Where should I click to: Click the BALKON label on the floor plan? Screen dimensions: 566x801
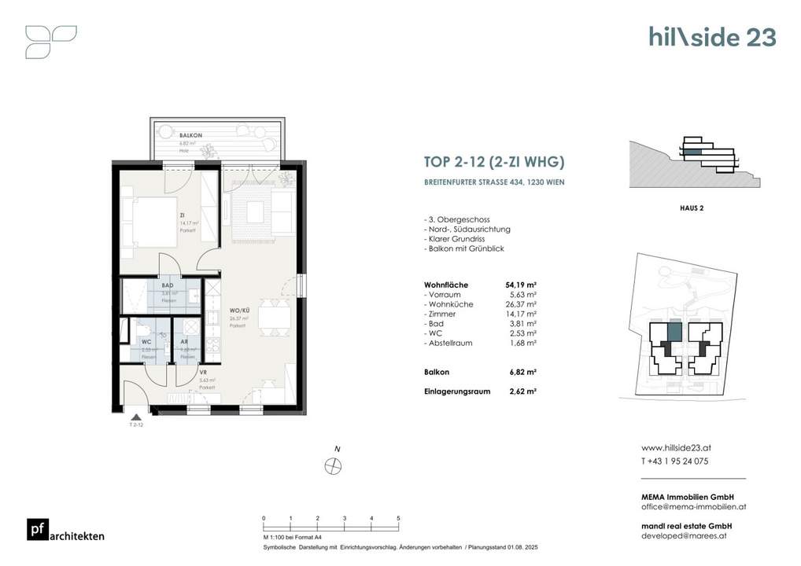(x=168, y=135)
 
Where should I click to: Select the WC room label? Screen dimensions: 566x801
(x=146, y=343)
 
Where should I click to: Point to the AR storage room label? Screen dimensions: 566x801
(x=184, y=343)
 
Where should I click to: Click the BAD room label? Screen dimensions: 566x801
(x=168, y=286)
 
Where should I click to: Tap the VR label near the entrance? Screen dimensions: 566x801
(x=203, y=373)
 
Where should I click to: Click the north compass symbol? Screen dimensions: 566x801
(x=334, y=465)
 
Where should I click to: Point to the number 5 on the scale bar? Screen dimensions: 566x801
(x=399, y=519)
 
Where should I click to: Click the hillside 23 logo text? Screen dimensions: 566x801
(x=712, y=37)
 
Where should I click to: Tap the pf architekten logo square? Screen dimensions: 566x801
(x=36, y=531)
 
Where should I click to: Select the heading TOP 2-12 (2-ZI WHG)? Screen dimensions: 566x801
(x=493, y=164)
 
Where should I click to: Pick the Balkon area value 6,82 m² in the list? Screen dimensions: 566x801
(x=522, y=372)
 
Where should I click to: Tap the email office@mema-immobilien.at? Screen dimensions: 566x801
(x=693, y=507)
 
